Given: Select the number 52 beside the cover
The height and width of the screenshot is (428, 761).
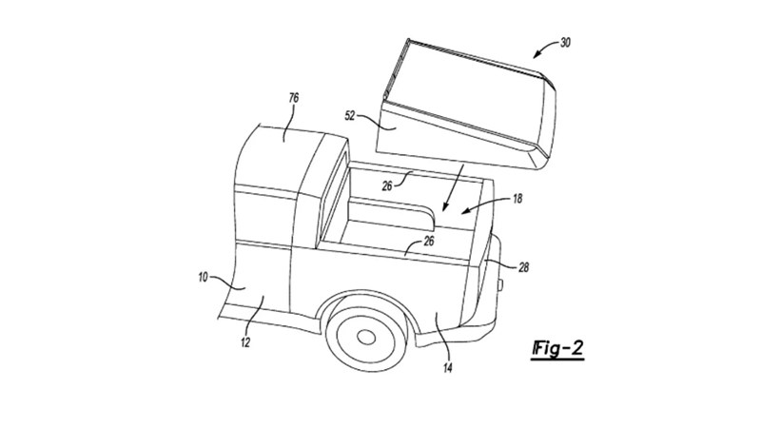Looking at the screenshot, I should point(351,117).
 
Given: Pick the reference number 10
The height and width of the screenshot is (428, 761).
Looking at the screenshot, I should point(203,278).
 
